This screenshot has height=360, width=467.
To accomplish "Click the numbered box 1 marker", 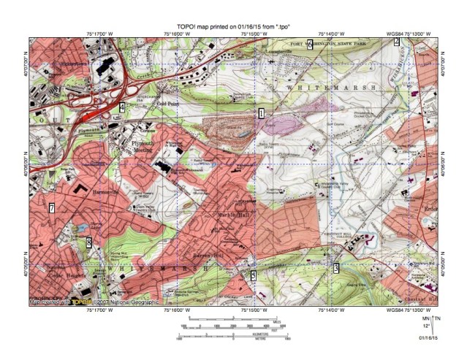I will (x=261, y=113).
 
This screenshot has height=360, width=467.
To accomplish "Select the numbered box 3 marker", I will (x=336, y=268).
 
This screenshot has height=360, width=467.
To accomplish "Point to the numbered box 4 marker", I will (x=122, y=108).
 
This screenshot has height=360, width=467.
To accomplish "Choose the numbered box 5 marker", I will (x=254, y=275).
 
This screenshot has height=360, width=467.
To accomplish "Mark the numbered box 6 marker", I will (x=310, y=44).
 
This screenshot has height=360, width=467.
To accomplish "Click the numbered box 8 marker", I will (x=88, y=242).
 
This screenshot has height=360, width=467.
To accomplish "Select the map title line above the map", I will (x=233, y=27).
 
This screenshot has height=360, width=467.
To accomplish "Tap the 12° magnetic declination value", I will (x=426, y=328).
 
